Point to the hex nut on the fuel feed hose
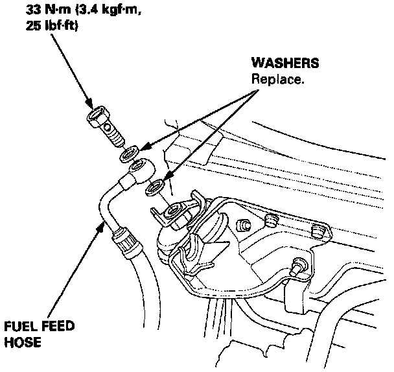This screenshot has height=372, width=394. tap(125, 241)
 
